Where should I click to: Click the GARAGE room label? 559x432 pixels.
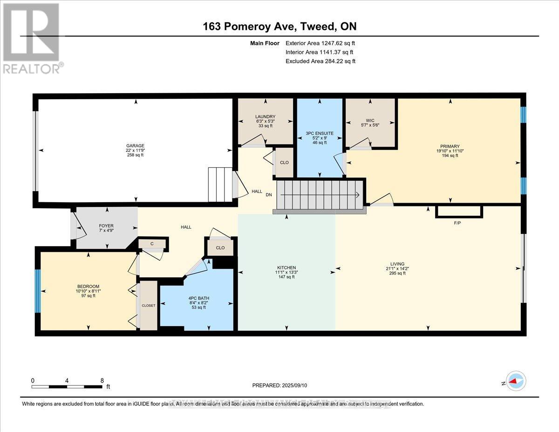tap(136, 146)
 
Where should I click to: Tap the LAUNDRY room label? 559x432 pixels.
tap(265, 117)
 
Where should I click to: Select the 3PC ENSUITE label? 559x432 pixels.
tap(320, 133)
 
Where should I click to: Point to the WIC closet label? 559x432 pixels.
tap(370, 120)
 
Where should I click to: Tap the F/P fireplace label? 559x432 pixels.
tap(457, 223)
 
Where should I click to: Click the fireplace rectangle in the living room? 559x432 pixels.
tap(459, 212)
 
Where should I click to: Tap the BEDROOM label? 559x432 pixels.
tap(88, 287)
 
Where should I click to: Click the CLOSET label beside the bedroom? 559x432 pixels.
tap(149, 305)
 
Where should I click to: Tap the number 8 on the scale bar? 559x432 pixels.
tap(102, 380)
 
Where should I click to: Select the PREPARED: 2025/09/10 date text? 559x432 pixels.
tap(280, 385)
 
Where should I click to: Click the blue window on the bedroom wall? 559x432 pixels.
tap(38, 291)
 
